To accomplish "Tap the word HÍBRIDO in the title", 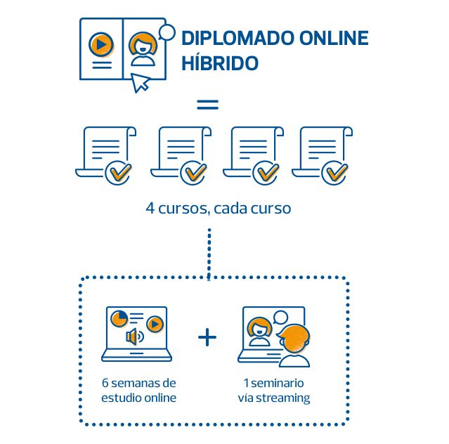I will pyautogui.click(x=220, y=63).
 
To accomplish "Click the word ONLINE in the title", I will pyautogui.click(x=331, y=39).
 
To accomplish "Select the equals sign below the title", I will pyautogui.click(x=207, y=105).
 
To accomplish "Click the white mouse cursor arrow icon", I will pyautogui.click(x=141, y=82).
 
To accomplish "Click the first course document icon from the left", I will pyautogui.click(x=105, y=151).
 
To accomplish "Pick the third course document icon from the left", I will pyautogui.click(x=253, y=151).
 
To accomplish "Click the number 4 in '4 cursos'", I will pyautogui.click(x=150, y=209).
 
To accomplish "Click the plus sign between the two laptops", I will pyautogui.click(x=207, y=338).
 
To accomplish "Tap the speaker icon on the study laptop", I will pyautogui.click(x=133, y=337).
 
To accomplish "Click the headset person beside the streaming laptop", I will pyautogui.click(x=294, y=344).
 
